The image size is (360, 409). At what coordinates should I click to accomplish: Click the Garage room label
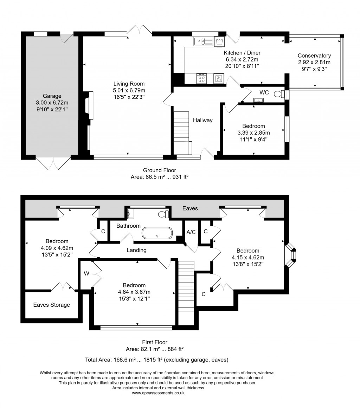coord(52,96)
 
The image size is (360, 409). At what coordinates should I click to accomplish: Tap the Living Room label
coord(129,84)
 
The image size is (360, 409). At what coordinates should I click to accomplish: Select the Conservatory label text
coord(314,56)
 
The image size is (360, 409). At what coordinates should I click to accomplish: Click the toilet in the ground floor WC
coord(279,94)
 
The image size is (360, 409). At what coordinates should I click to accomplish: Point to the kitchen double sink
coord(203,42)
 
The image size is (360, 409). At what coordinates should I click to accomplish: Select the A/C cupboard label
coord(191,232)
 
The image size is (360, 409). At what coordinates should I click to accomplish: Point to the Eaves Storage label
coord(52,305)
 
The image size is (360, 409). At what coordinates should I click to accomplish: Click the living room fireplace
coord(88,105)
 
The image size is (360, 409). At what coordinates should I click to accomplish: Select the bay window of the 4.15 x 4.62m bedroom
coord(291,255)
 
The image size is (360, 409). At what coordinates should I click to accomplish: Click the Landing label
coord(136,250)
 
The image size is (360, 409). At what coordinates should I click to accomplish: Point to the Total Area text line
coord(157,360)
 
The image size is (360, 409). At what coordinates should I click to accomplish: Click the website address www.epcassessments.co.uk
coord(158,393)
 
